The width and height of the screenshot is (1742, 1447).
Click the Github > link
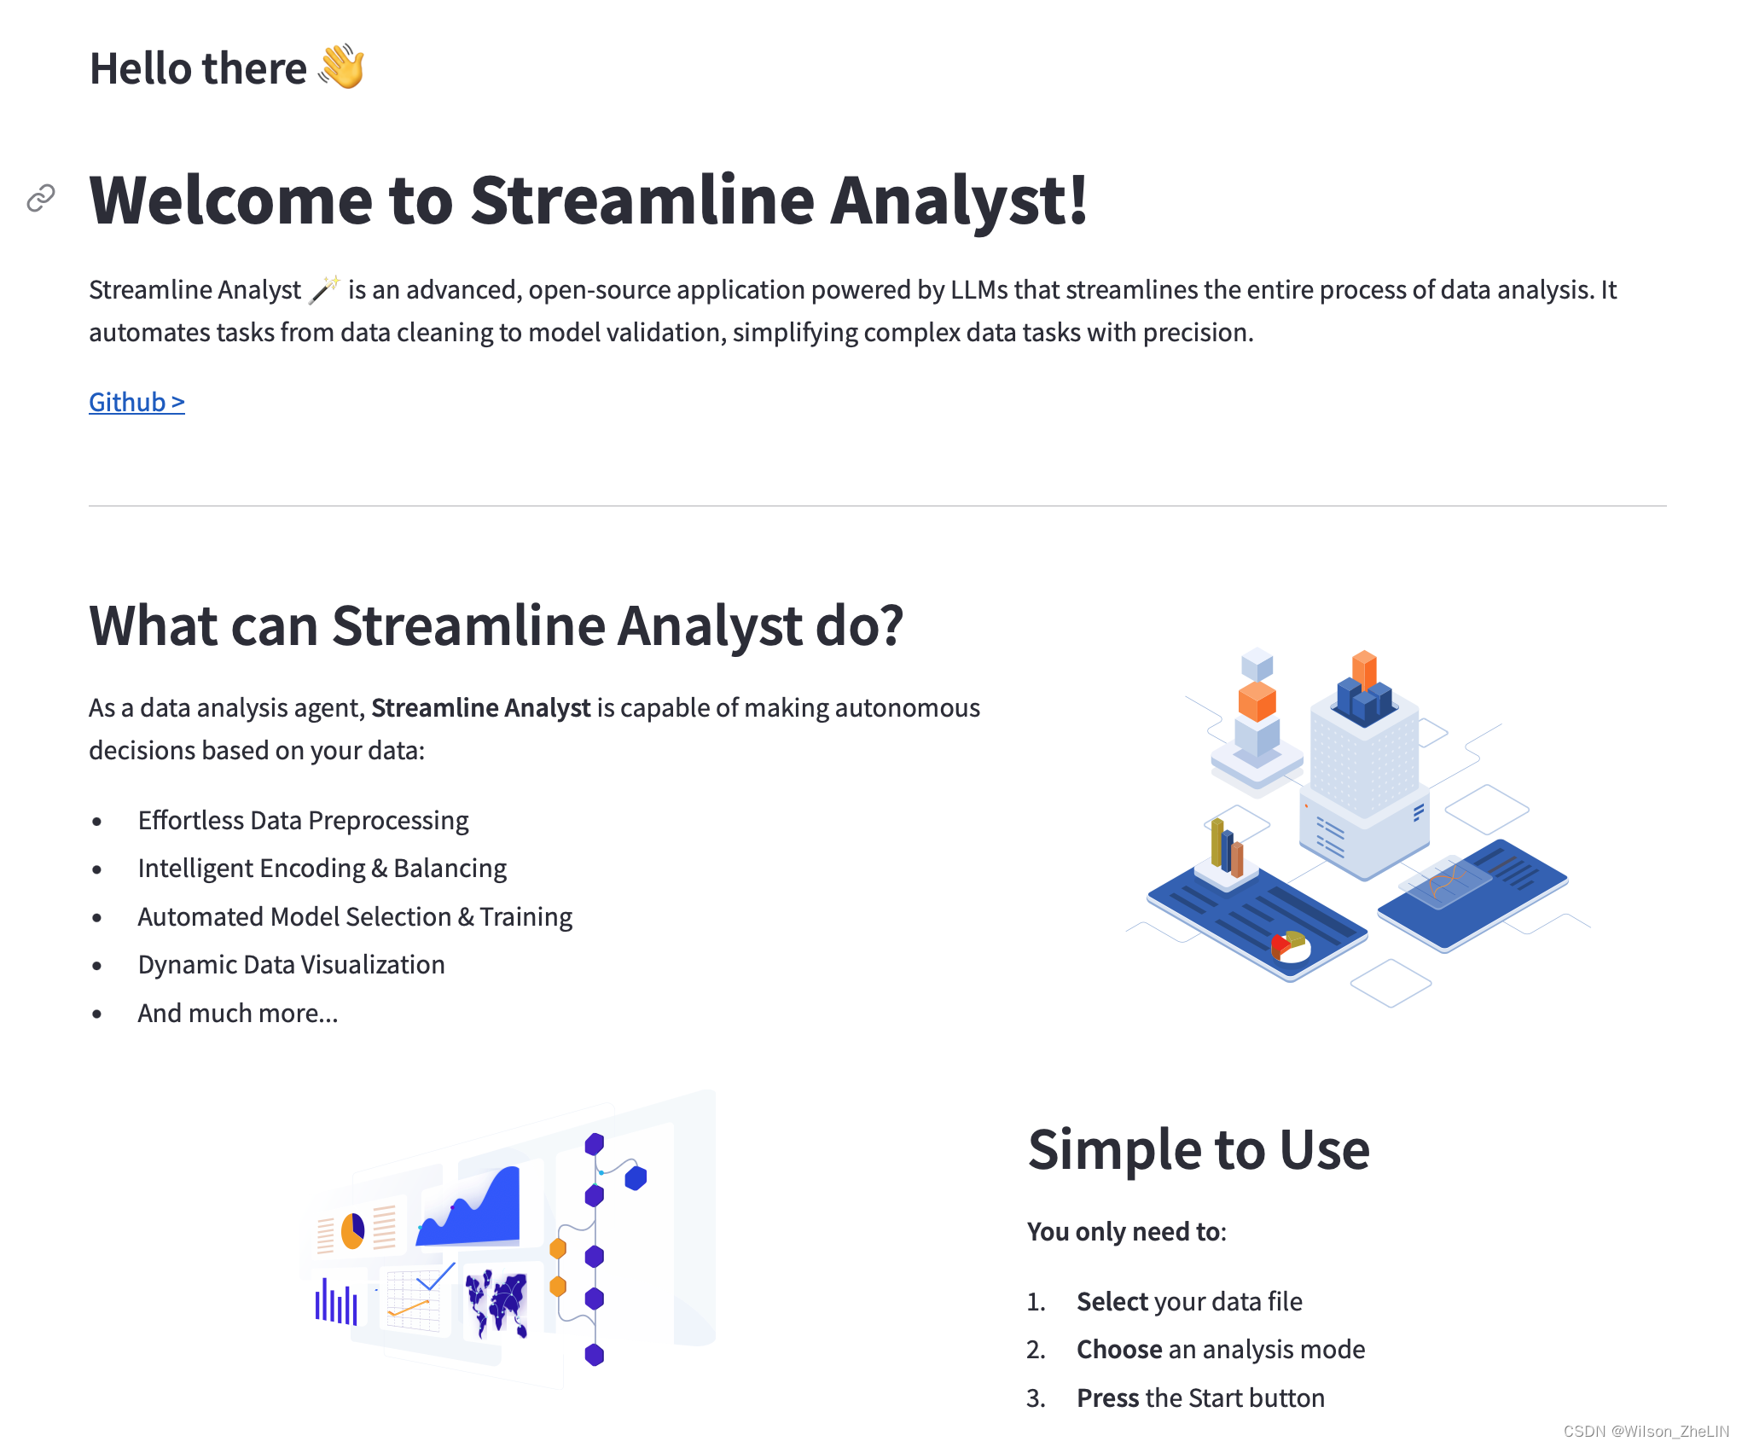[136, 402]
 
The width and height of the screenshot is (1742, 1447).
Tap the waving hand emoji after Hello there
[342, 67]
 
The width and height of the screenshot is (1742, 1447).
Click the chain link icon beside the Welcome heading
[41, 198]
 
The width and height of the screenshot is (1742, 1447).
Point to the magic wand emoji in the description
[324, 289]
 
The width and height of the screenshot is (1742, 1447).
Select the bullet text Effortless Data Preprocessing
[303, 820]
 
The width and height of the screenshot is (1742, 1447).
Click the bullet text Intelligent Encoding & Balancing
[322, 869]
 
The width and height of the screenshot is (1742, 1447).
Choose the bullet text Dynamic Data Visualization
[291, 965]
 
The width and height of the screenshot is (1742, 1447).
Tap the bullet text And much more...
[238, 1014]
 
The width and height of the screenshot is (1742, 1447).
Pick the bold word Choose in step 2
[1119, 1349]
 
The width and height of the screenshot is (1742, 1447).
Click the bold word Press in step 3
[1108, 1398]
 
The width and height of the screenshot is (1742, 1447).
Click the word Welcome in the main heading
[231, 200]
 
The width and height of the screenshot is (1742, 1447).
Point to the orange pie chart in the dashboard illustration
[352, 1230]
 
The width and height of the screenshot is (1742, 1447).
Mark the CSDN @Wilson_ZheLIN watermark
[1646, 1431]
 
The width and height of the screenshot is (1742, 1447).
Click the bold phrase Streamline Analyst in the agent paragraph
[481, 707]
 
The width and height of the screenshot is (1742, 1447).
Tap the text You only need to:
[1127, 1231]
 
